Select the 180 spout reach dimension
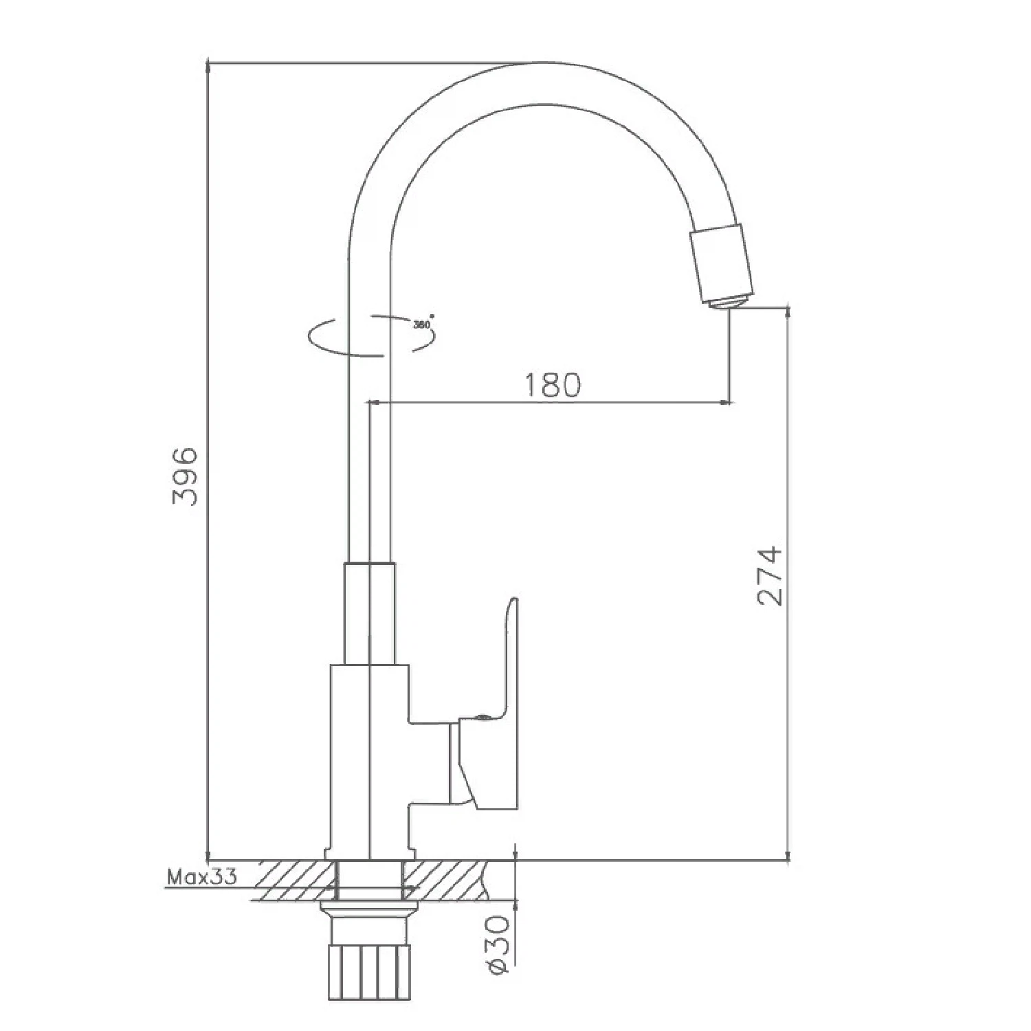point(553,386)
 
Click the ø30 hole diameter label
point(500,943)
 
